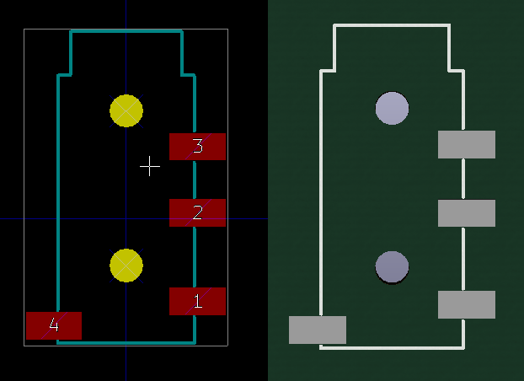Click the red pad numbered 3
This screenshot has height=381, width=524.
click(x=197, y=146)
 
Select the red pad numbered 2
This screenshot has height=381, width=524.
click(x=197, y=212)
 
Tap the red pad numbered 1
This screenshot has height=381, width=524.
click(x=197, y=301)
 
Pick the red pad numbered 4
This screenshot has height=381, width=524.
click(x=54, y=325)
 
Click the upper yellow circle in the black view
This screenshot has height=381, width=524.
click(x=126, y=110)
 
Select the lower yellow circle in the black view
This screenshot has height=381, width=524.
click(x=126, y=265)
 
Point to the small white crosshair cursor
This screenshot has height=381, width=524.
click(x=150, y=166)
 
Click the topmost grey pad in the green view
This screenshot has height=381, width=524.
click(x=466, y=144)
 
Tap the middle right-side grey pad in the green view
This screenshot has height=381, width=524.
click(x=466, y=213)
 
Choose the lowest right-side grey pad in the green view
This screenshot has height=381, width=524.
click(x=466, y=304)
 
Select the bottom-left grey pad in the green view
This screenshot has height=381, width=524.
click(x=318, y=330)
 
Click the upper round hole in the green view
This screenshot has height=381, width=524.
click(x=392, y=108)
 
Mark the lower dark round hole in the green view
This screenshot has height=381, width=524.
click(x=392, y=266)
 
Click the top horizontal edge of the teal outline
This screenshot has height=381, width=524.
click(x=126, y=32)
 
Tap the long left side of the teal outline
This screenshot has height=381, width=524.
click(x=58, y=194)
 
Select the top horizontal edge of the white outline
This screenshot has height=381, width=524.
click(x=392, y=26)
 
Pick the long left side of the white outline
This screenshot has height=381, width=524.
click(x=321, y=194)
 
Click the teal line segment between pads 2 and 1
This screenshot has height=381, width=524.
click(x=195, y=257)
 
